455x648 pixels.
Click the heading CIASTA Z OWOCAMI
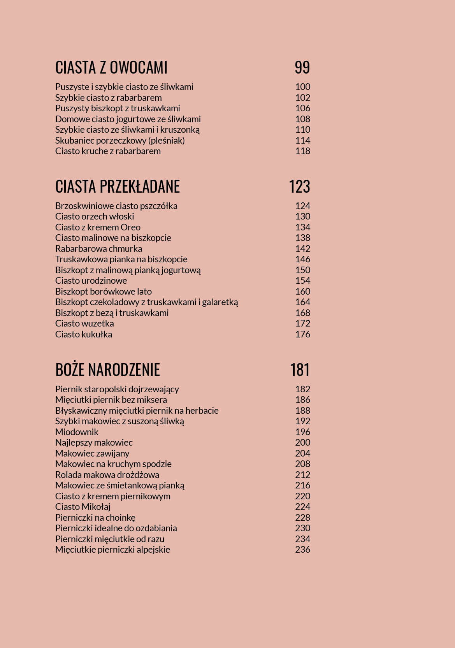tap(111, 67)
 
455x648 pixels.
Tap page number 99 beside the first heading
tap(302, 67)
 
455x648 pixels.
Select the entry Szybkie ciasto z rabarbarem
tap(108, 98)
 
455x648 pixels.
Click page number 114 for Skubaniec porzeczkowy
tap(302, 140)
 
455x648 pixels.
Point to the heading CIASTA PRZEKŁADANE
tap(117, 186)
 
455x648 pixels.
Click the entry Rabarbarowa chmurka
tap(98, 249)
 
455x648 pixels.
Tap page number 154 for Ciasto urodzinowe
tap(302, 281)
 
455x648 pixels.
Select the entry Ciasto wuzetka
tap(84, 323)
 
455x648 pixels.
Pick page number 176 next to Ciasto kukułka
tap(302, 334)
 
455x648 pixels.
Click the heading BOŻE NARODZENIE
tap(107, 370)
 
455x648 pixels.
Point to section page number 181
tap(300, 370)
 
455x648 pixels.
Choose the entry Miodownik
tap(77, 432)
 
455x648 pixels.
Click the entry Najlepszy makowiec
tap(94, 443)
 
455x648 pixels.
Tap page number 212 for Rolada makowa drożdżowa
tap(302, 475)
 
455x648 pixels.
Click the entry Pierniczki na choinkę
tap(95, 518)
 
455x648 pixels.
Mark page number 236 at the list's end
tap(302, 550)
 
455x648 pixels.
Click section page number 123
tap(299, 186)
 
